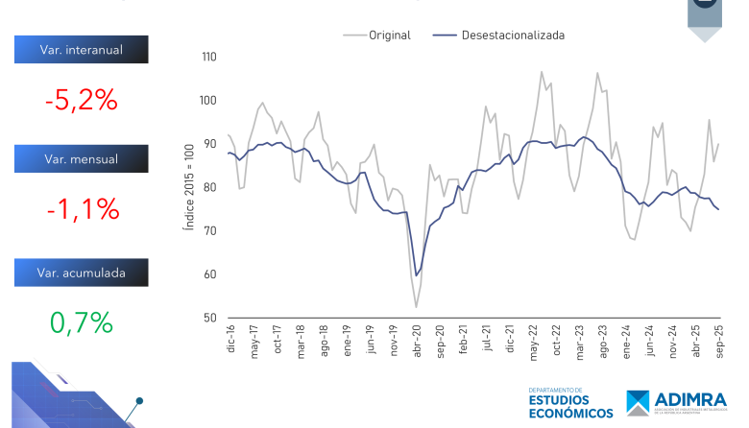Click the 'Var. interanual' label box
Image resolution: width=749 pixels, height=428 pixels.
point(81,49)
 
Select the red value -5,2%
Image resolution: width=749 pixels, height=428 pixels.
point(81,99)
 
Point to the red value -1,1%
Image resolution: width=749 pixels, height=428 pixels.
point(81,208)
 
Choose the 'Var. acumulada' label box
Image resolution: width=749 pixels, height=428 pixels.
point(81,273)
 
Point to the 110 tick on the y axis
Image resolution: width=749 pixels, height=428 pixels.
point(208,58)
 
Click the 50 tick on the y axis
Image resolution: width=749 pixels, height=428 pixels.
point(210,319)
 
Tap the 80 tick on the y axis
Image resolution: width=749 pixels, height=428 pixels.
point(210,188)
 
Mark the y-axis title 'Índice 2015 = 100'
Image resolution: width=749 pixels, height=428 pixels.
point(190,188)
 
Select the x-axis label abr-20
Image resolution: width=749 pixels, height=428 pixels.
point(417,342)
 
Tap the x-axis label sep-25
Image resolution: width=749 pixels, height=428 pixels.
point(718,342)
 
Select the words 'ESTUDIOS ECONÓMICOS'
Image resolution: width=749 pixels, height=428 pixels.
point(570,406)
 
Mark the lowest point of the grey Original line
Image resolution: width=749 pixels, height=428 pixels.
point(417,307)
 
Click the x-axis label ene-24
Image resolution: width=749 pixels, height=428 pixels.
point(626,342)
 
